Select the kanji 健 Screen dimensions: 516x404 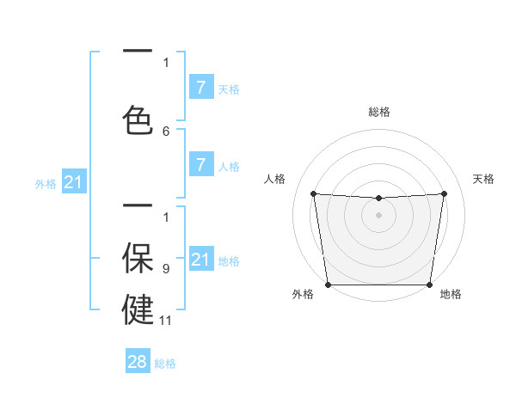pyautogui.click(x=138, y=309)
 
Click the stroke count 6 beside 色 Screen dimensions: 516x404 pyautogui.click(x=166, y=131)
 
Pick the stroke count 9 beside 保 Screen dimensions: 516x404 pyautogui.click(x=166, y=269)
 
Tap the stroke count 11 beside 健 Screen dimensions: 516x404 pyautogui.click(x=167, y=320)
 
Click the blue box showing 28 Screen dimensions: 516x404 pyautogui.click(x=138, y=362)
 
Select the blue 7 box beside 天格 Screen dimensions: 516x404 pyautogui.click(x=200, y=87)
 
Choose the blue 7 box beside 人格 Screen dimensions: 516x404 pyautogui.click(x=200, y=165)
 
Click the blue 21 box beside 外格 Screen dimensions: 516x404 pyautogui.click(x=72, y=182)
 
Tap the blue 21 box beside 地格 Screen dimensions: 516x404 pyautogui.click(x=200, y=260)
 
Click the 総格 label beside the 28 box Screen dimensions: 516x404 pyautogui.click(x=166, y=364)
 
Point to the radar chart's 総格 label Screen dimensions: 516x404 pyautogui.click(x=379, y=112)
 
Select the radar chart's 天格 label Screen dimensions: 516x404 pyautogui.click(x=484, y=179)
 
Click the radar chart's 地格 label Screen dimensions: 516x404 pyautogui.click(x=451, y=294)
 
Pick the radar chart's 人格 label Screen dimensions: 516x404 pyautogui.click(x=274, y=179)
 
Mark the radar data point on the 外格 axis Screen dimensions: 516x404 pyautogui.click(x=328, y=285)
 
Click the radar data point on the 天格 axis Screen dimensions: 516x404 pyautogui.click(x=445, y=193)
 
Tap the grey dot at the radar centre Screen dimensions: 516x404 pyautogui.click(x=379, y=215)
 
